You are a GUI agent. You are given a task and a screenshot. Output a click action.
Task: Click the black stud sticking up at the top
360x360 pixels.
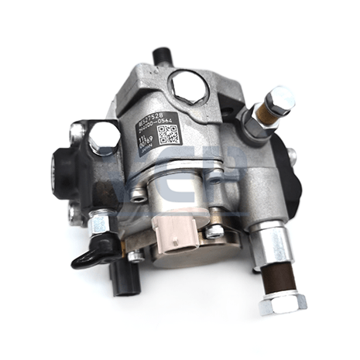[x=163, y=54]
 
